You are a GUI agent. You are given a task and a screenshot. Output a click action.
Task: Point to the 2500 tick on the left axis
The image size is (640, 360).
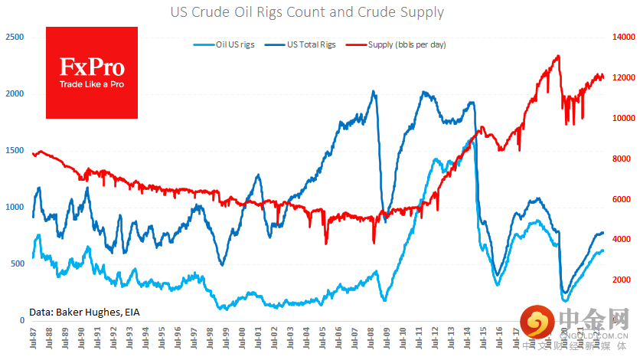(x=14, y=37)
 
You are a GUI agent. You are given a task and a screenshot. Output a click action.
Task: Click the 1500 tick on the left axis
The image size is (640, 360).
(x=14, y=150)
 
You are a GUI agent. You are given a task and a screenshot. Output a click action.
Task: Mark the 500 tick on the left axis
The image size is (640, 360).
(x=16, y=263)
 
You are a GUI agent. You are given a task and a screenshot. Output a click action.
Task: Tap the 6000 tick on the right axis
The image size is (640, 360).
(x=622, y=199)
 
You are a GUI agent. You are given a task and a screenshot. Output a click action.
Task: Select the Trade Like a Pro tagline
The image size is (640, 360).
(x=92, y=84)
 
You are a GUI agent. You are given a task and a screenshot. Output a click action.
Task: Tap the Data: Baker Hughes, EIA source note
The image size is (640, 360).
(x=83, y=311)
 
